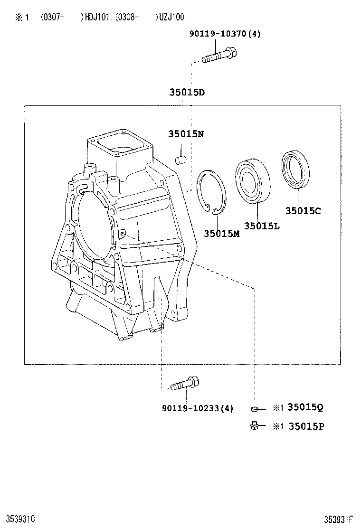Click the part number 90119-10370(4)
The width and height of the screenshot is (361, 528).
coord(225,34)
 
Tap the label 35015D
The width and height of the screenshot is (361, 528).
coord(187,93)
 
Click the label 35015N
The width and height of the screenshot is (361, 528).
coord(185,134)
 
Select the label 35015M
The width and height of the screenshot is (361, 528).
coord(221,233)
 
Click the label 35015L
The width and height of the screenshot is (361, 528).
coord(262,226)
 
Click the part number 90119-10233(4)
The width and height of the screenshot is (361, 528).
coord(197,408)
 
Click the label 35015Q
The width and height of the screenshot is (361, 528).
coord(306,407)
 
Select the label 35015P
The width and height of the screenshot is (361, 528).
coord(306,426)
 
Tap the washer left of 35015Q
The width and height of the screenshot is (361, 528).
coord(255,408)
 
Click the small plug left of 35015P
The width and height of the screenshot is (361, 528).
coord(255,426)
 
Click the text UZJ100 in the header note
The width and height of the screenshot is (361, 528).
coord(170,17)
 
